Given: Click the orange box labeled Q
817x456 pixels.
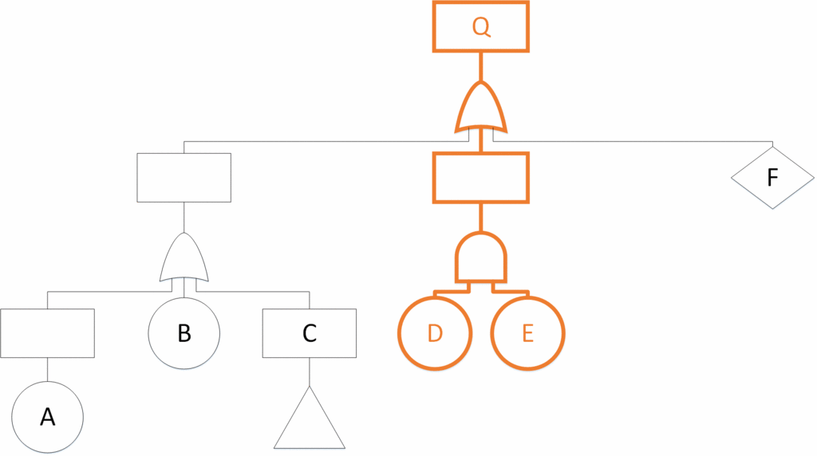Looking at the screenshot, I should pyautogui.click(x=480, y=26).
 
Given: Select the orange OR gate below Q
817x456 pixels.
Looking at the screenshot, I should pyautogui.click(x=480, y=108).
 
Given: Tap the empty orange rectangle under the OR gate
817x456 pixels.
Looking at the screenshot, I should pyautogui.click(x=480, y=177).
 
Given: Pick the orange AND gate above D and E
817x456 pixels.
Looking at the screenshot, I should pyautogui.click(x=480, y=257).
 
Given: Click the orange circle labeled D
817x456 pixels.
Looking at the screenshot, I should pyautogui.click(x=435, y=332).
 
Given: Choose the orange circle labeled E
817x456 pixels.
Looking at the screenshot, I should pyautogui.click(x=527, y=332).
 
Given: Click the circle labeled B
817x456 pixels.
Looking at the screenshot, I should pyautogui.click(x=184, y=332).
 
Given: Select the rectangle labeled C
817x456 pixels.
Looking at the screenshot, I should pyautogui.click(x=310, y=332).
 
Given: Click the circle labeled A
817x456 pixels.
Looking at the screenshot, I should pyautogui.click(x=48, y=417).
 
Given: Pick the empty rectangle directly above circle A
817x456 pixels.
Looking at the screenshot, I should pyautogui.click(x=48, y=332).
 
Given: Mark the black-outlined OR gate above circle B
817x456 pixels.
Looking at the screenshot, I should pyautogui.click(x=184, y=259).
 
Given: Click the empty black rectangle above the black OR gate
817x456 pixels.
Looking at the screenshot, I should pyautogui.click(x=184, y=177).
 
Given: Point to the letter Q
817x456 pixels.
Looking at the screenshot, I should pyautogui.click(x=480, y=26).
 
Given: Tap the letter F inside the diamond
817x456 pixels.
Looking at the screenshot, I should pyautogui.click(x=772, y=177).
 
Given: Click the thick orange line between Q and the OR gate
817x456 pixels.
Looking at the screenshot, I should pyautogui.click(x=480, y=65).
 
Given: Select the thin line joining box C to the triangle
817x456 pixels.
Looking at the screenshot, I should pyautogui.click(x=310, y=371).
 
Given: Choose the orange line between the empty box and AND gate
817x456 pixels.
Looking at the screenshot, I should pyautogui.click(x=480, y=217).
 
